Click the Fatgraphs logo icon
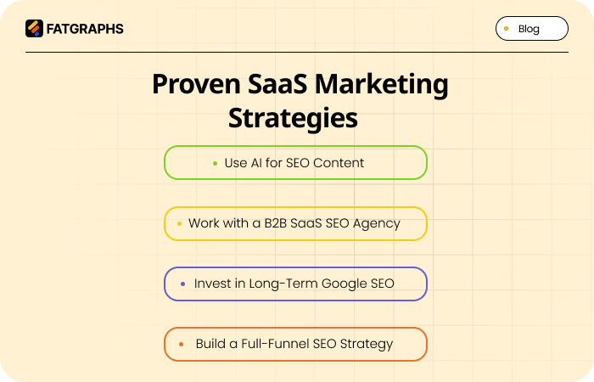pos(34,29)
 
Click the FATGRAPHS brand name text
pos(85,29)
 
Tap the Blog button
pos(531,29)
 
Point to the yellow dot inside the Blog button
pos(507,28)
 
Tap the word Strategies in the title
pos(293,118)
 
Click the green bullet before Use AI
pos(215,163)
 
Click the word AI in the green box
pos(258,163)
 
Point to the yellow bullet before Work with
pos(179,224)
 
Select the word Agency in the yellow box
pos(377,224)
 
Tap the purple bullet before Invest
pos(182,284)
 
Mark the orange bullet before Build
pos(181,345)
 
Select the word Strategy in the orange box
pos(367,345)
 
